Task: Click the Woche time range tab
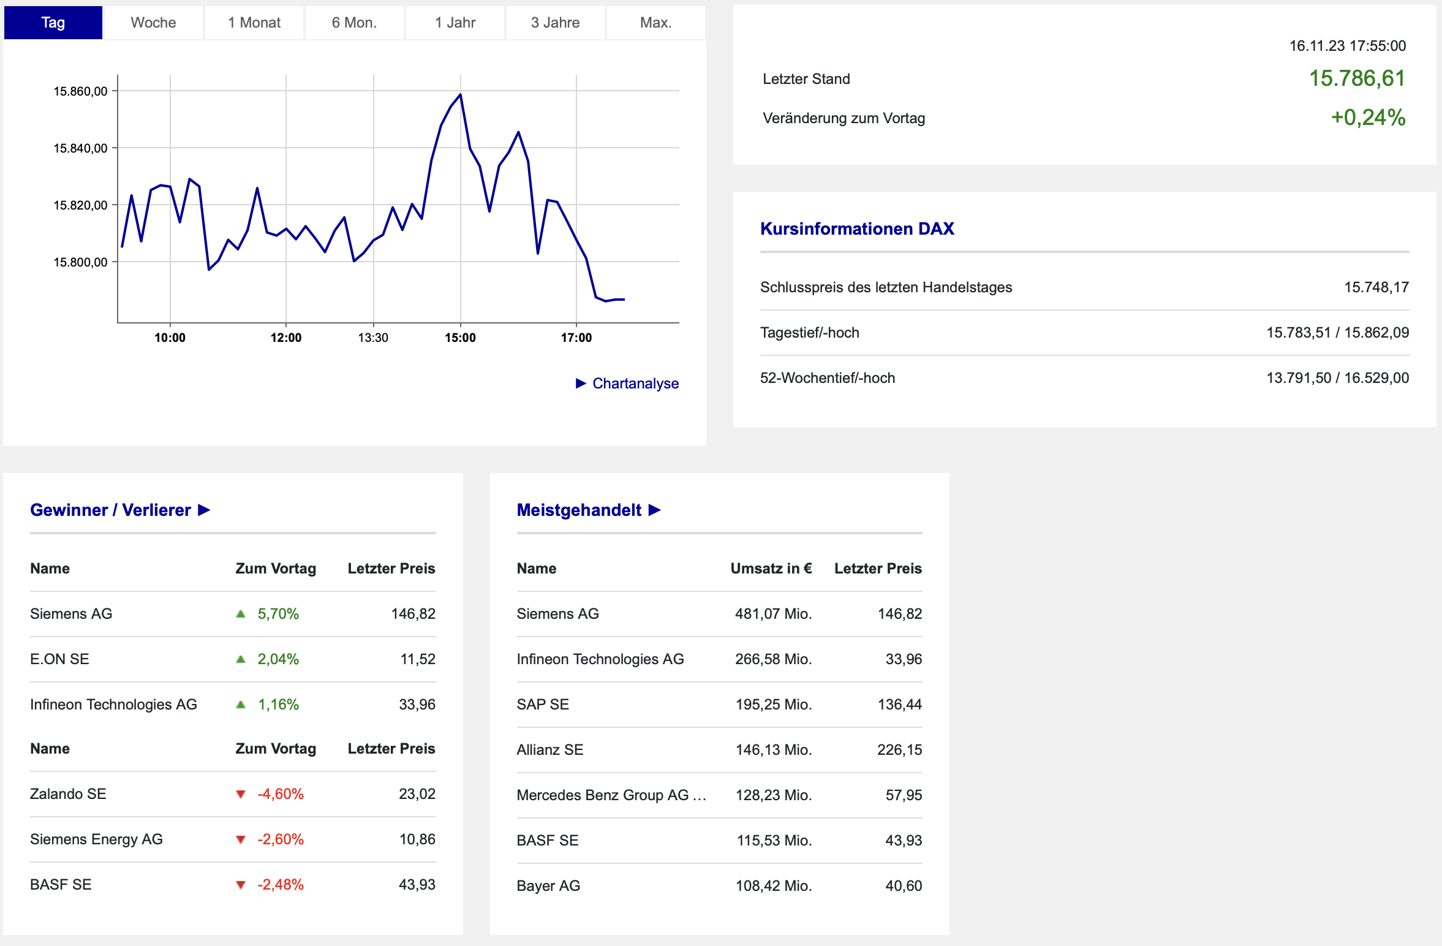point(153,23)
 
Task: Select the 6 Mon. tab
point(354,23)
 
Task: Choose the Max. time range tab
point(655,23)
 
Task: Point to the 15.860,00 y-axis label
point(80,91)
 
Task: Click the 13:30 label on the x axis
point(373,338)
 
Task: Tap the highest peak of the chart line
point(461,94)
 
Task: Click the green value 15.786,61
point(1357,78)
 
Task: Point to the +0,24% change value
point(1368,118)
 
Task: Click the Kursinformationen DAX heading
point(857,229)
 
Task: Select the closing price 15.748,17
point(1376,287)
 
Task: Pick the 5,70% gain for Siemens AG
point(278,614)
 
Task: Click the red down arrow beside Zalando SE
point(241,795)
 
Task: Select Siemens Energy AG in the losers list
point(96,839)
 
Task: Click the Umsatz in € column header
point(771,569)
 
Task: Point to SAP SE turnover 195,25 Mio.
point(774,705)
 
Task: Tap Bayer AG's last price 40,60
point(904,886)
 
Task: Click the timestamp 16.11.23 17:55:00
point(1348,46)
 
